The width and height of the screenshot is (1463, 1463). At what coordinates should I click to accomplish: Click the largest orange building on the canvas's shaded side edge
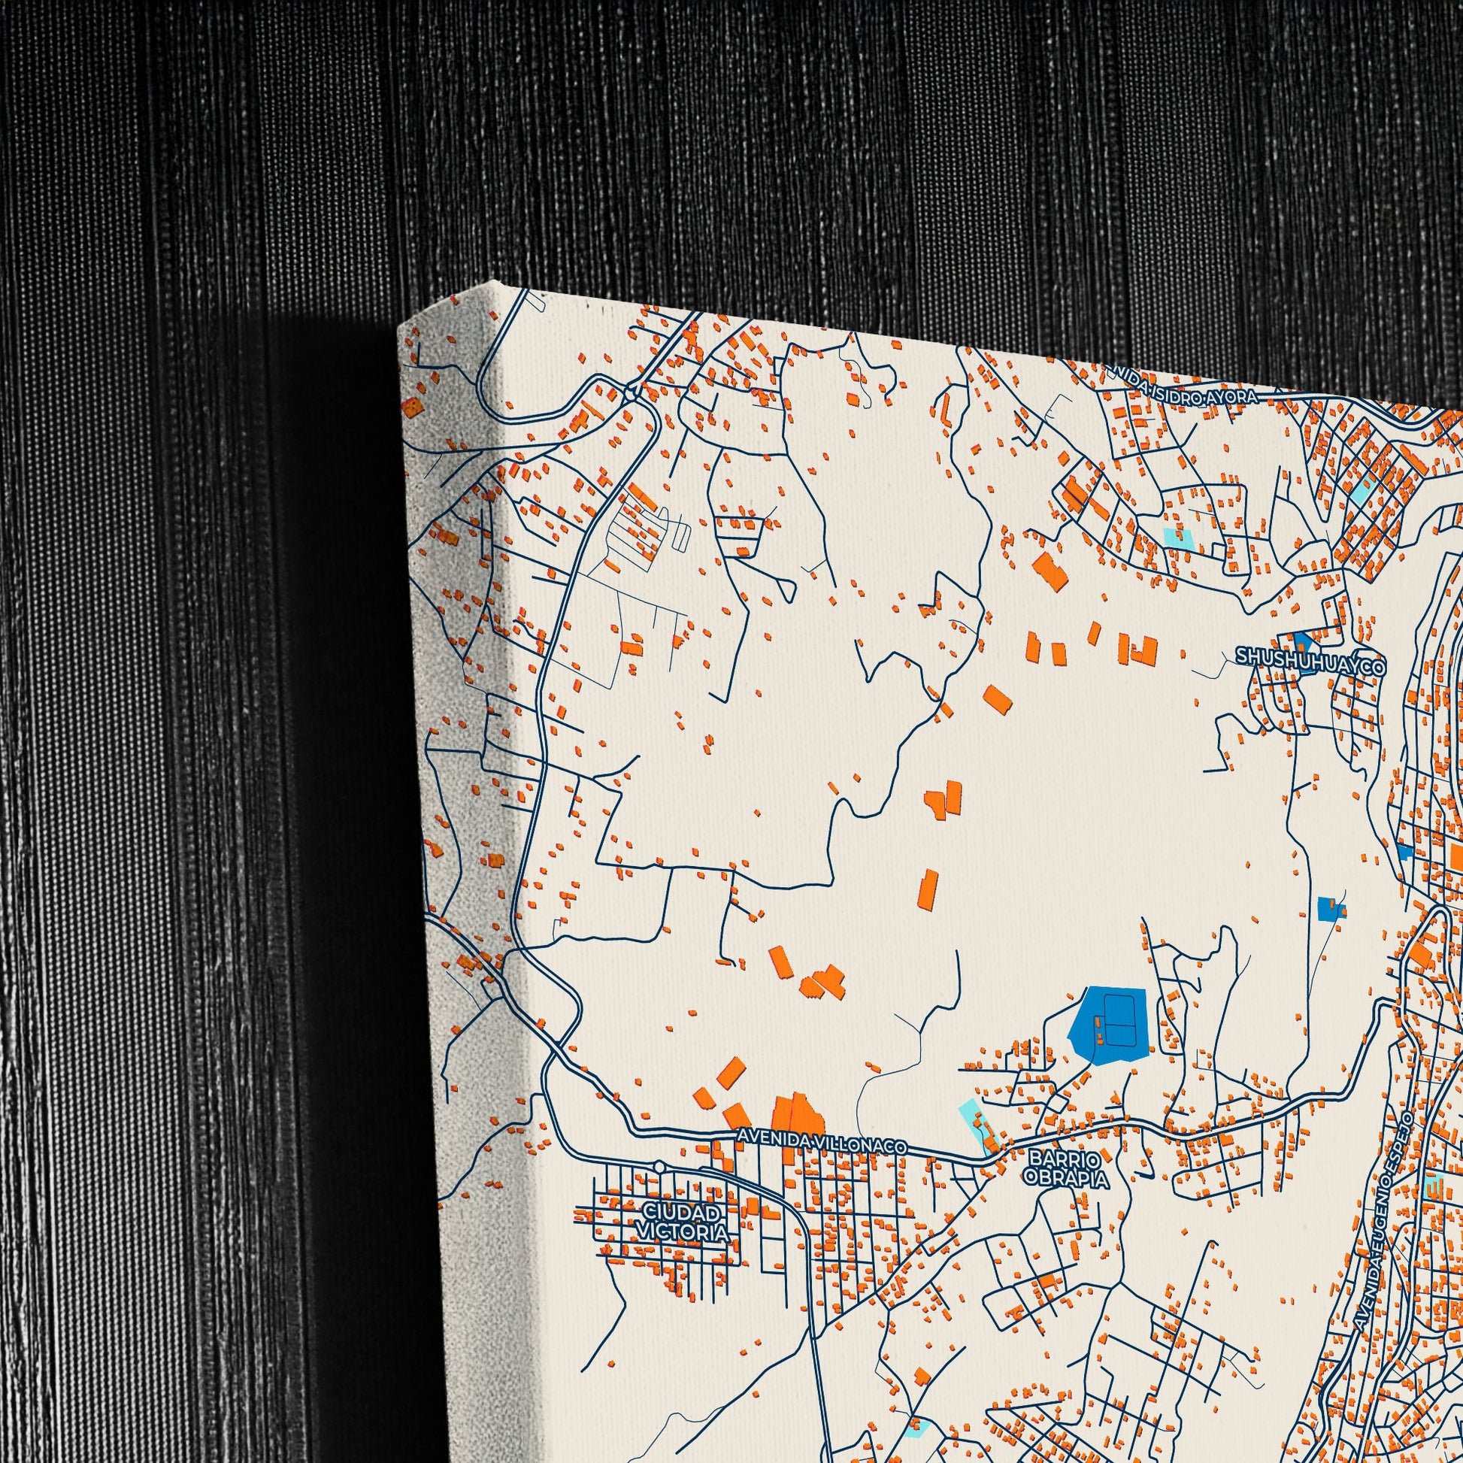pos(412,409)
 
